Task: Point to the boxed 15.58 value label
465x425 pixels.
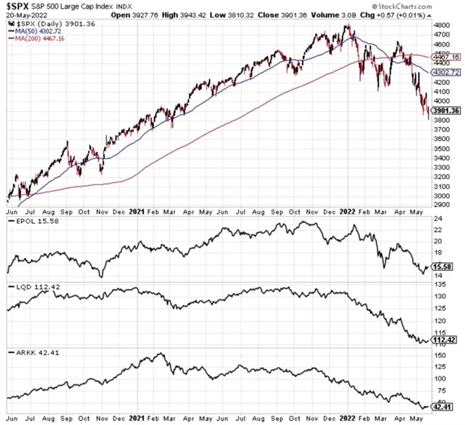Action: pyautogui.click(x=442, y=267)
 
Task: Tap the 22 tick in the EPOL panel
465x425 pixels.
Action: pyautogui.click(x=438, y=230)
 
